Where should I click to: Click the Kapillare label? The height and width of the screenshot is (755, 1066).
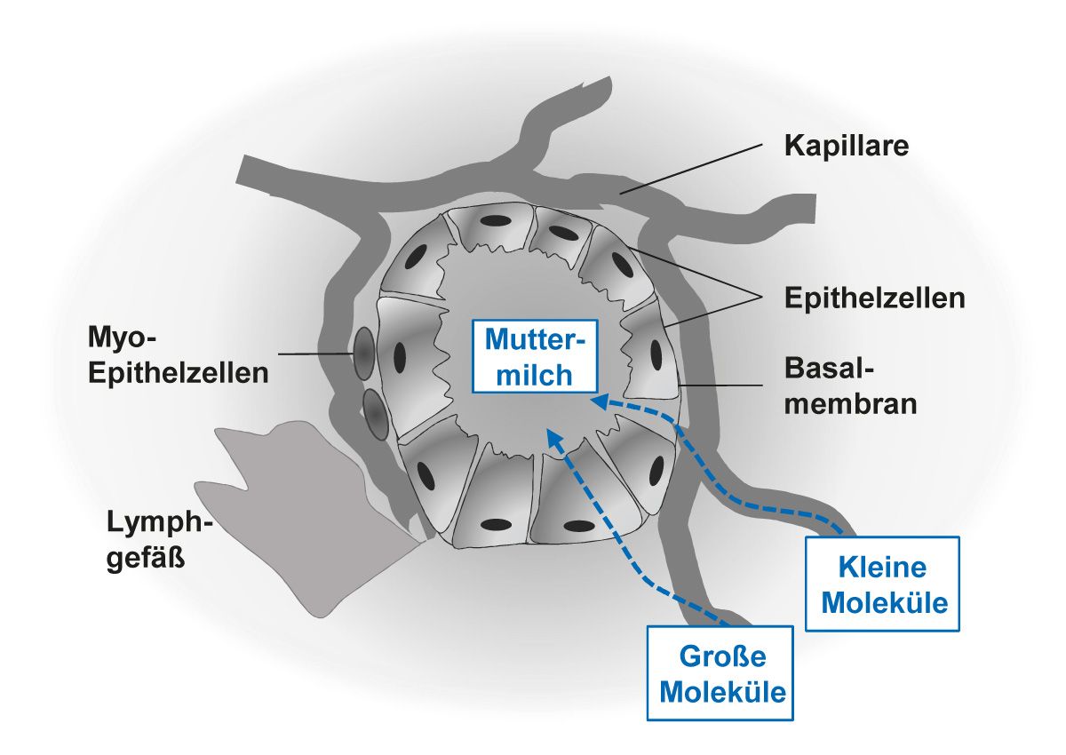[x=846, y=146]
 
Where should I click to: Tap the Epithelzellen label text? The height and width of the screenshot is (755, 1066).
[x=874, y=298]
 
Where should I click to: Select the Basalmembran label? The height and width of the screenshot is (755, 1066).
[x=850, y=386]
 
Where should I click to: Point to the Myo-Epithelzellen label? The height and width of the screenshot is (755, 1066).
[x=178, y=354]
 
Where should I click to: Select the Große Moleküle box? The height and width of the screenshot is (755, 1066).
[x=720, y=672]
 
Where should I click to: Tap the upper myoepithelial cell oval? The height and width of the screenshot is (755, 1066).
[x=362, y=352]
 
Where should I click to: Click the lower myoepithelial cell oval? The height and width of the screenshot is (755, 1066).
[x=375, y=415]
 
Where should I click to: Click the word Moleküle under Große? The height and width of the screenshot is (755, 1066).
[x=720, y=691]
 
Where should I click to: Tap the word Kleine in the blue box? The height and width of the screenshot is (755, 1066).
[x=883, y=567]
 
